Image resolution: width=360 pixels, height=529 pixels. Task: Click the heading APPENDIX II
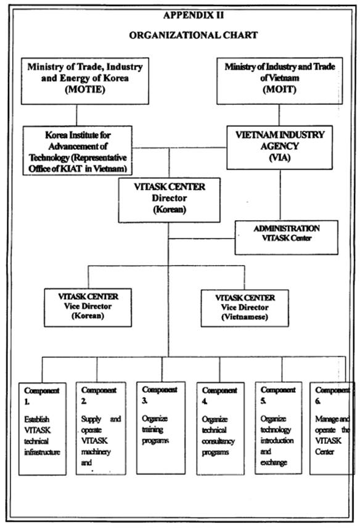pos(194,15)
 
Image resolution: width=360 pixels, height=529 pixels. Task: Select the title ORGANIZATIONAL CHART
pos(194,35)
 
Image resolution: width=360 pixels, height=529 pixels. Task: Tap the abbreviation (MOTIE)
pos(85,89)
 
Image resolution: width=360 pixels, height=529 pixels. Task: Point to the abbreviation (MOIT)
pos(279,89)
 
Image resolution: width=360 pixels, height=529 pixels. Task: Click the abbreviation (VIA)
pos(280,158)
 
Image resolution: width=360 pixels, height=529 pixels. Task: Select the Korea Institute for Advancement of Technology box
pos(77,150)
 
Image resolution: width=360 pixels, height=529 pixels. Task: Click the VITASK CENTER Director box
pos(169,200)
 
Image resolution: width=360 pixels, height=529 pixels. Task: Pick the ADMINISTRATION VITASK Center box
pos(287,237)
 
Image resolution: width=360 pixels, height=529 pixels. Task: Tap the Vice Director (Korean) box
pos(88,307)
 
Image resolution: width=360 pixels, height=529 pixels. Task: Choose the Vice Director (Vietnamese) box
pos(245,308)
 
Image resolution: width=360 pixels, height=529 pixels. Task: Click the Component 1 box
pos(42,429)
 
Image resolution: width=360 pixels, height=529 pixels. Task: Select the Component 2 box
pos(101,429)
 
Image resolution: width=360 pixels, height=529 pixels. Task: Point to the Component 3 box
pos(161,428)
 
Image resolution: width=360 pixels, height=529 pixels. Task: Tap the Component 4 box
pos(220,429)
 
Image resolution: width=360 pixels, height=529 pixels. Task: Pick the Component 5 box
pos(279,428)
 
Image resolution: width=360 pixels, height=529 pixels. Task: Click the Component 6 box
pos(332,428)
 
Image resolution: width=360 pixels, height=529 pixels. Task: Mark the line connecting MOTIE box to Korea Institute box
pos(76,115)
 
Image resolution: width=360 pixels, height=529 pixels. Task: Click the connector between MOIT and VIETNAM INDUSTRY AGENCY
pos(279,115)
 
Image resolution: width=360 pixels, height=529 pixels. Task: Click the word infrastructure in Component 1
pos(42,452)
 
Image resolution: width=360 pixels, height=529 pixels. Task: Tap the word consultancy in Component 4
pos(218,441)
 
